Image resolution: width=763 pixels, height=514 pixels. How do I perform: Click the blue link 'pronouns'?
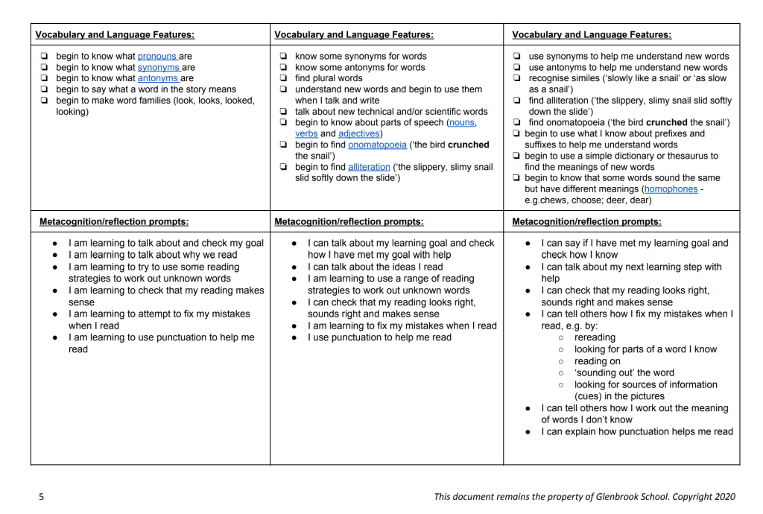157,56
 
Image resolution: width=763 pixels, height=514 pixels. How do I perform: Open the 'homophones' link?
671,189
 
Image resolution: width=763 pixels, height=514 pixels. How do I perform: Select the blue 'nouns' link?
462,122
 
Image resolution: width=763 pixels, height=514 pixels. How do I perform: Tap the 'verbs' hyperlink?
306,133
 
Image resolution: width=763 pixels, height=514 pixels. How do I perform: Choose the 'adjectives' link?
359,133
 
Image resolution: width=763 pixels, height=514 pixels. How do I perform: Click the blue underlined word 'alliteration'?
369,167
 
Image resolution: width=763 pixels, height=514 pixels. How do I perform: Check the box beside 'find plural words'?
283,78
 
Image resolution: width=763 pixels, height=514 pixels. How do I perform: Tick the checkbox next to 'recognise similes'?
517,78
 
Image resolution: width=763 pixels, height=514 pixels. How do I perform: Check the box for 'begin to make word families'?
45,101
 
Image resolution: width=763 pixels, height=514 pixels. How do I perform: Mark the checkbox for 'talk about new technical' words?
283,112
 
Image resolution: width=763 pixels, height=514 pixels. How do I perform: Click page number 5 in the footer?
42,497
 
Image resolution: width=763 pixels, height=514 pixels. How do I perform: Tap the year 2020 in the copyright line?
724,497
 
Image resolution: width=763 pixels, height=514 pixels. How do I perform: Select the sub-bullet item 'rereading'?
595,337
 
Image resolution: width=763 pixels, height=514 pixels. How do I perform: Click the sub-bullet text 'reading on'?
597,361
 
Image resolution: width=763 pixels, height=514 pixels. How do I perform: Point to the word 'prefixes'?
667,133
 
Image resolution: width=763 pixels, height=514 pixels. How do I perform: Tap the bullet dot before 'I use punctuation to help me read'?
296,337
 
